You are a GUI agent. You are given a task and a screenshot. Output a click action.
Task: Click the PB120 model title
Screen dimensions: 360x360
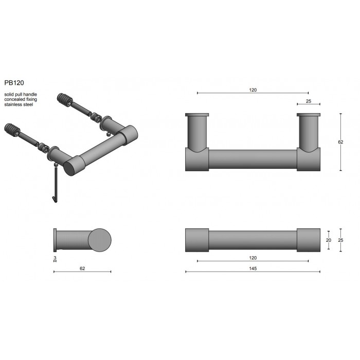coord(14,83)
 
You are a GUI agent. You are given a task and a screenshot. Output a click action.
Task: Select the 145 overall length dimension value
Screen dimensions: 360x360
coord(253,268)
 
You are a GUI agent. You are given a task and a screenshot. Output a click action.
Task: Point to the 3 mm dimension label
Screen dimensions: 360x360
coord(55,258)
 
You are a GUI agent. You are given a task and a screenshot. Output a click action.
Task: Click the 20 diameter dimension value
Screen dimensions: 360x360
coord(329,240)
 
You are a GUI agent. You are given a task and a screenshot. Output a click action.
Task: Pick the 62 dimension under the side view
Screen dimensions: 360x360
coord(82,268)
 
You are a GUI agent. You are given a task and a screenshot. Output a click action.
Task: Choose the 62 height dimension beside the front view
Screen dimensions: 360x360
coord(340,142)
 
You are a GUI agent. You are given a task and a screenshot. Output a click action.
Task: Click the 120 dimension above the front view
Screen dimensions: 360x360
coord(253,90)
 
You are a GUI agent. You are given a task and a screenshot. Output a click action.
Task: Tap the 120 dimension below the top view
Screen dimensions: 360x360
coord(253,258)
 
